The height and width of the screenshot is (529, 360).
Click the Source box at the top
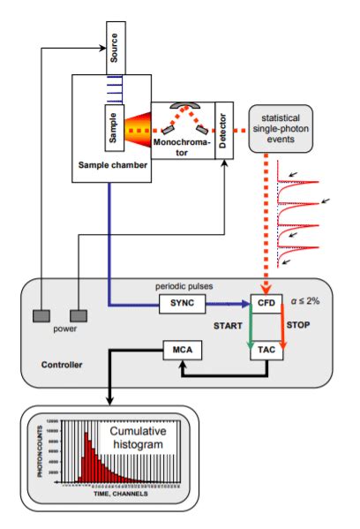tap(111, 55)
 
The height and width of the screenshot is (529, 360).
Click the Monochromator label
tap(181, 146)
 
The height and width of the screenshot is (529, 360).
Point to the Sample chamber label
tap(111, 165)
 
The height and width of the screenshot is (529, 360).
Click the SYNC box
tap(183, 303)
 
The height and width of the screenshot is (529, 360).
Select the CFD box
tap(266, 303)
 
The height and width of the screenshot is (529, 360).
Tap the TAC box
tap(266, 351)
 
